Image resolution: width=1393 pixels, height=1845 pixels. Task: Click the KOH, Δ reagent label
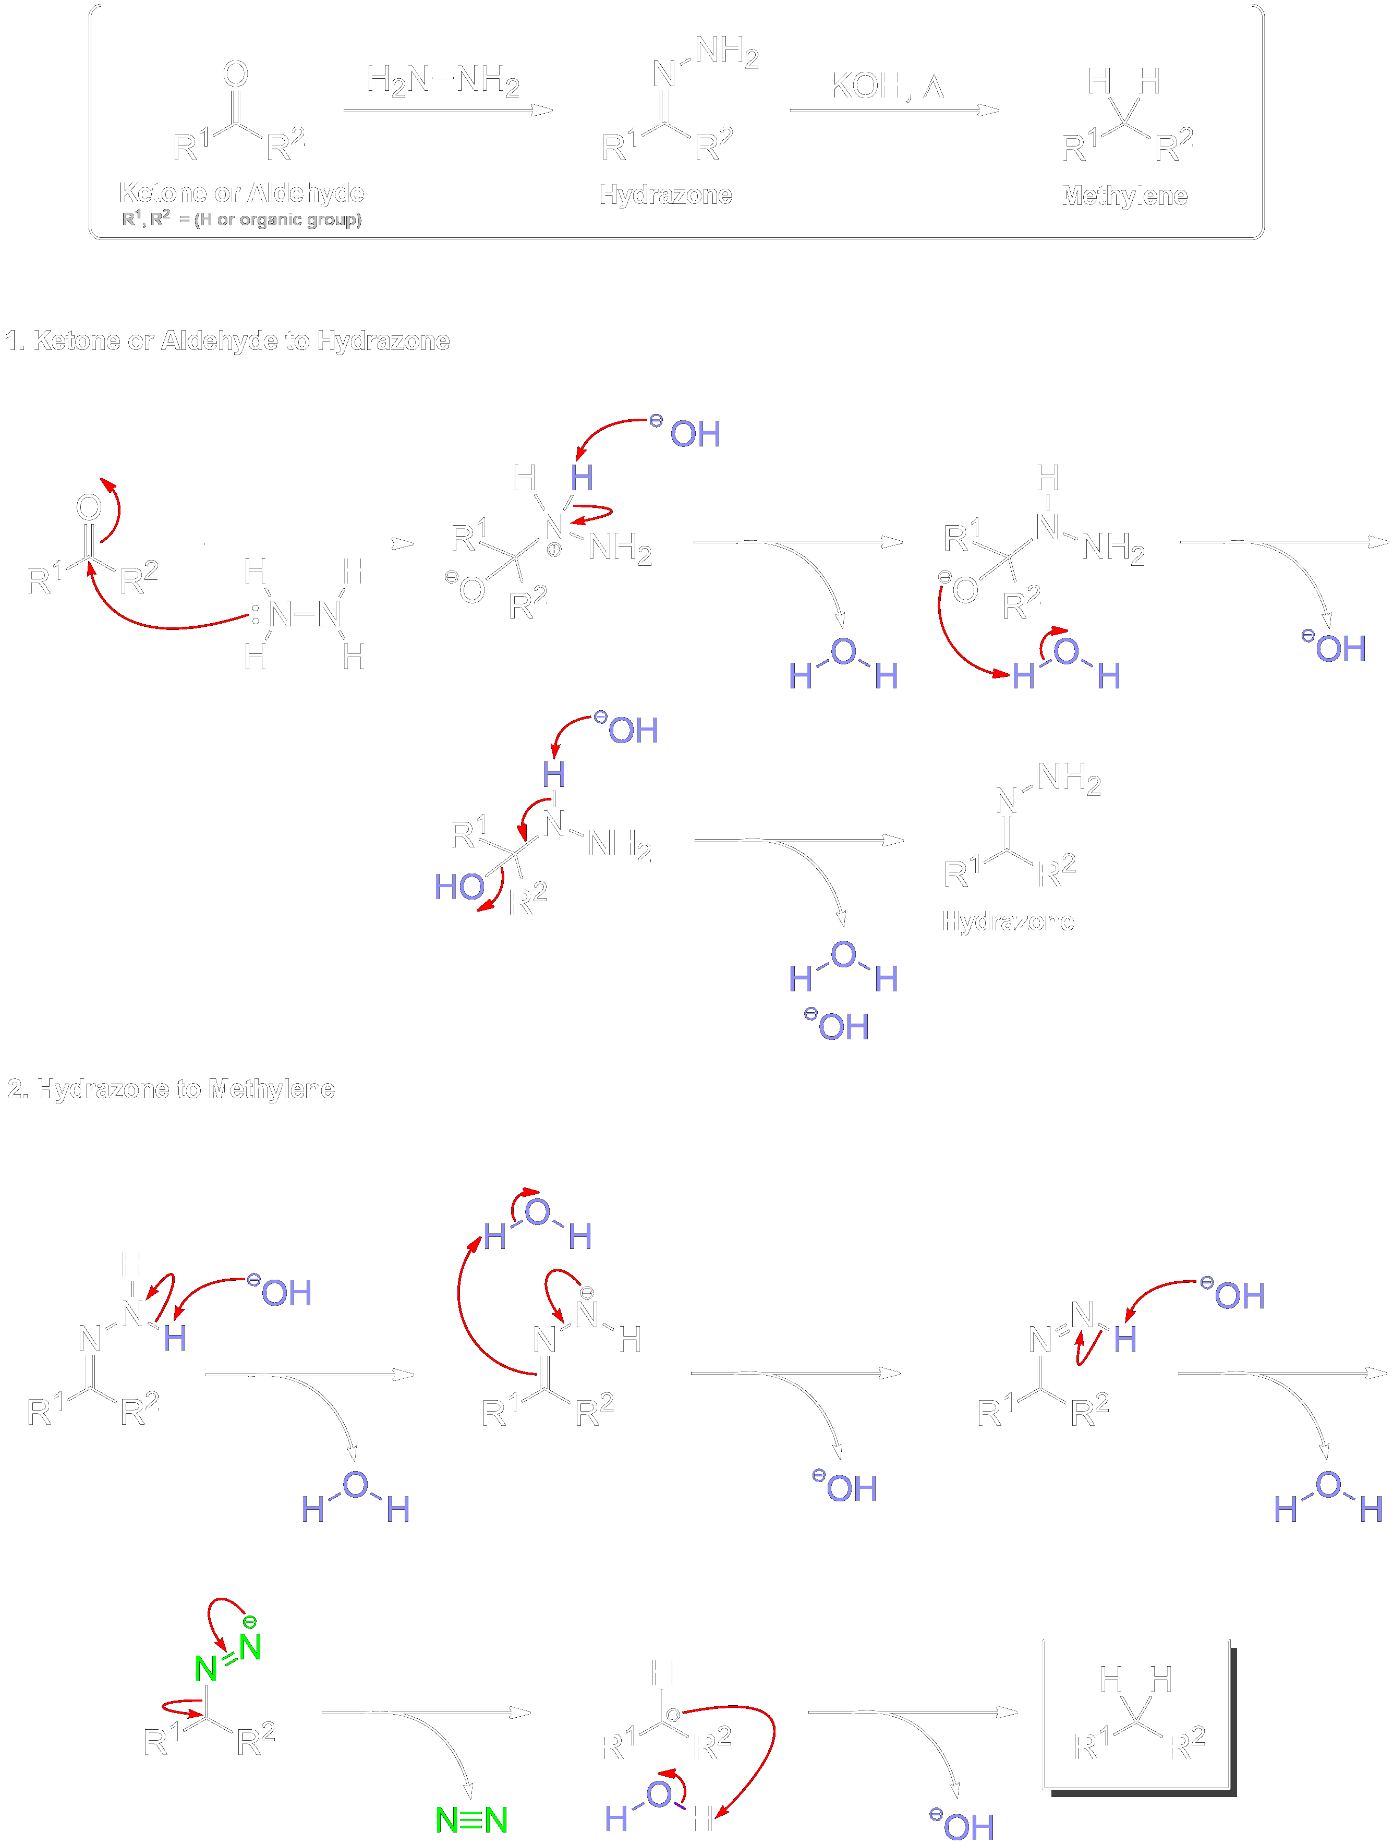(886, 86)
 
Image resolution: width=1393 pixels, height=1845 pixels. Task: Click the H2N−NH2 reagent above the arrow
(443, 80)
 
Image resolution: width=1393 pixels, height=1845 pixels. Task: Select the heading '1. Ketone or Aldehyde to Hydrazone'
(227, 341)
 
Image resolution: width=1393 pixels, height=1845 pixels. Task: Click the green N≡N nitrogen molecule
(471, 1819)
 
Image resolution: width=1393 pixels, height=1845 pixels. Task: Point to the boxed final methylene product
(1136, 1715)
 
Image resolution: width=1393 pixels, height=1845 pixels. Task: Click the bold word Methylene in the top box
(1123, 195)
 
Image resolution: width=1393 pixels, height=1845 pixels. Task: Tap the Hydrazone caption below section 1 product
(1008, 921)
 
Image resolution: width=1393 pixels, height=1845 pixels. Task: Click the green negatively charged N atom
(249, 1646)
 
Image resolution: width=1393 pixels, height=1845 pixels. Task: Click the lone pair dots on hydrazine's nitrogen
(255, 615)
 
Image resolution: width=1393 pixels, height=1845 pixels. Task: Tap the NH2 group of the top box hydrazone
(726, 52)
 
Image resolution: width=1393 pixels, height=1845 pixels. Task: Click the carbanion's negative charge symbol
(672, 1715)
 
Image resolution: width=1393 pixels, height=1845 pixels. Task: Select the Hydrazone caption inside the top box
(665, 195)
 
